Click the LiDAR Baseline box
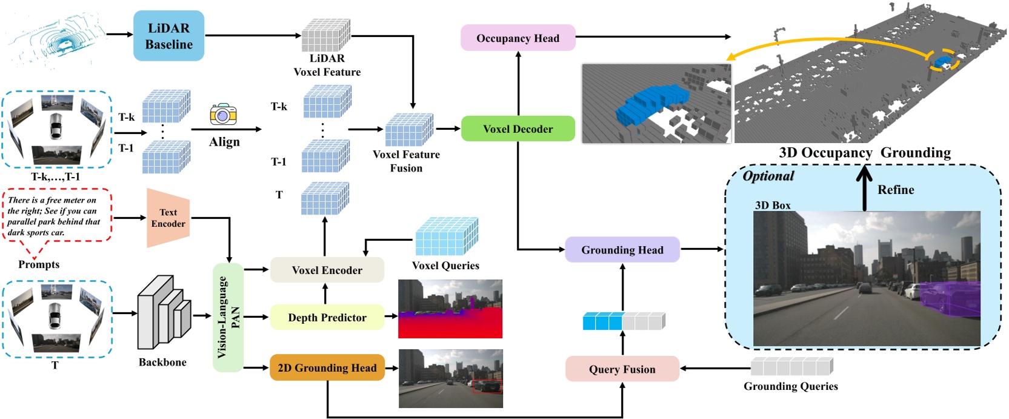coord(168,36)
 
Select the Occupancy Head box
coord(518,38)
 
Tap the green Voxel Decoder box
coord(518,129)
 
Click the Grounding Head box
coord(622,250)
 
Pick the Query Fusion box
coord(622,369)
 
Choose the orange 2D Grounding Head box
coord(327,367)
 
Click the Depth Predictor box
coord(327,317)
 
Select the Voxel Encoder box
coord(327,270)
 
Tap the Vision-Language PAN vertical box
coord(228,317)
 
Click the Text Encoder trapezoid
coord(168,218)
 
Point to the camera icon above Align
coord(223,114)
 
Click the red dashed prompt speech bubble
coord(56,216)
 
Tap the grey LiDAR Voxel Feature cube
coord(326,36)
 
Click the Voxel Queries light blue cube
coord(446,237)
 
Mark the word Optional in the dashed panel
coord(768,176)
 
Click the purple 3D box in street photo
coord(948,298)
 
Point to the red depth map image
coord(450,309)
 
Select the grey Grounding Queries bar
coord(791,367)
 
